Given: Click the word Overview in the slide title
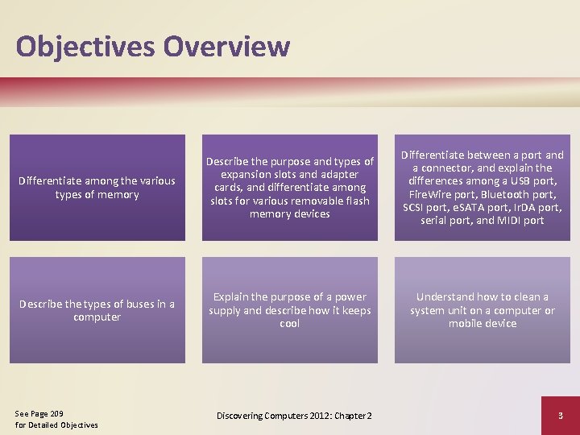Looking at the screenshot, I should (x=226, y=46).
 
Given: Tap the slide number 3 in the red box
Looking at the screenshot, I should (x=560, y=415).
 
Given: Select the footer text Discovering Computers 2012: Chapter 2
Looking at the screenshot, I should (x=294, y=415).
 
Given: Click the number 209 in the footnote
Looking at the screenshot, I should (x=56, y=412).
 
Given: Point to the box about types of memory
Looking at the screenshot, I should (x=97, y=188).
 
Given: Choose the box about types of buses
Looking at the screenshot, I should (x=97, y=310).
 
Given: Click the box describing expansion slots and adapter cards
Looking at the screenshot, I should (x=289, y=188).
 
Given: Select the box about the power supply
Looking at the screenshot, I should (x=289, y=310).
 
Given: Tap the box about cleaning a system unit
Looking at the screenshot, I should (x=482, y=310).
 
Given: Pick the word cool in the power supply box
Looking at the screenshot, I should (x=289, y=323).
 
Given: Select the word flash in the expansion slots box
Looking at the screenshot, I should (x=353, y=201).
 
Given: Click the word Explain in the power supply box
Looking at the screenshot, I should (x=232, y=297).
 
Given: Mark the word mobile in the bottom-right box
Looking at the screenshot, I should (x=466, y=323).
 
